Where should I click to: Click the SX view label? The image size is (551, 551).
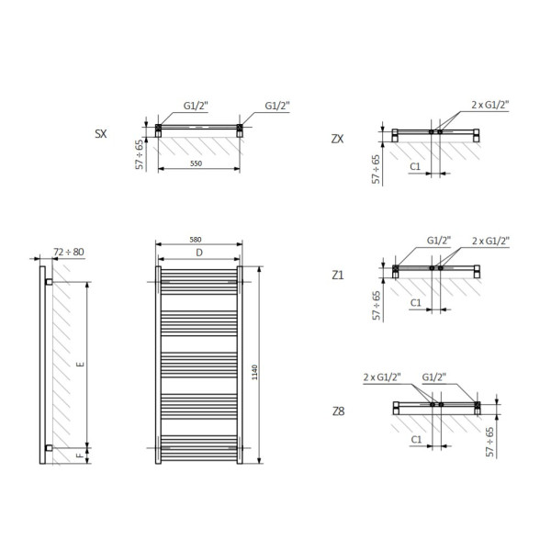click(101, 134)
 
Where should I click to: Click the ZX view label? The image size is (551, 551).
click(337, 140)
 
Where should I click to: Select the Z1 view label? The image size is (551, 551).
click(338, 275)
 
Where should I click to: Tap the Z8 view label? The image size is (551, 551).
click(338, 411)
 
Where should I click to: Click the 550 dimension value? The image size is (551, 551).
click(197, 163)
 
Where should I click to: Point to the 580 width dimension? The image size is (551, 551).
click(196, 240)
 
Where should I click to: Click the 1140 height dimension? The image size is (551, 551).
click(254, 373)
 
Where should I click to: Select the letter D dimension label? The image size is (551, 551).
click(199, 253)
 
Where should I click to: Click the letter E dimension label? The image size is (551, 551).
click(81, 364)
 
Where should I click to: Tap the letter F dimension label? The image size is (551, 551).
click(81, 455)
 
